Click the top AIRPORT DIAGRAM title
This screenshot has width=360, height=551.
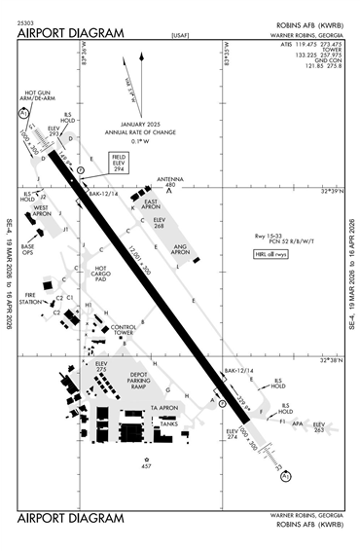coord(71,33)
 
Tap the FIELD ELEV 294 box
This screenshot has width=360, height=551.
coord(119,163)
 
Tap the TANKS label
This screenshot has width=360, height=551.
coord(168,424)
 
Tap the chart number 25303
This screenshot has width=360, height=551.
coord(27,22)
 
